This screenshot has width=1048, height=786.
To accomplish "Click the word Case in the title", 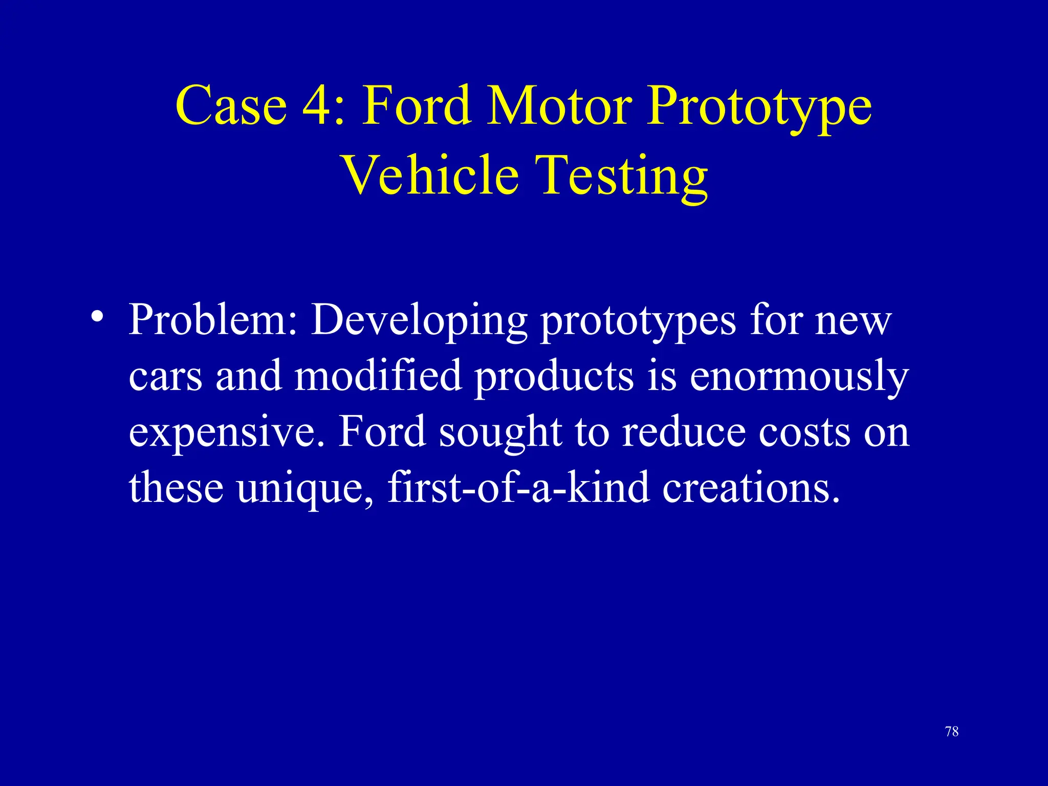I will coord(231,105).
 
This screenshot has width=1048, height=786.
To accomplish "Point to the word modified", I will coord(378,376).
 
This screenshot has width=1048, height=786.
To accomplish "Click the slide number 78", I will coord(952,732).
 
